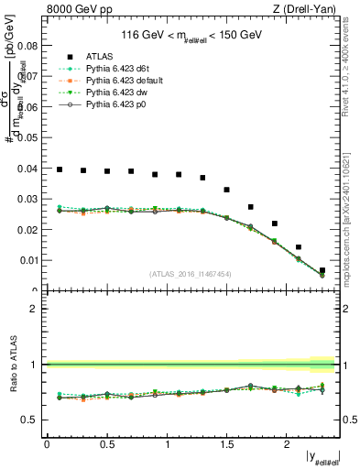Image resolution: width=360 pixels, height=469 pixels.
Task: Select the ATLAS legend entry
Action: coord(95,56)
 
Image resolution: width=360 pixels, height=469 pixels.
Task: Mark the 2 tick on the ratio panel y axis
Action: coord(38,309)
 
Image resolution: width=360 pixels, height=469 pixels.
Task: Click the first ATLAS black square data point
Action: coord(60,169)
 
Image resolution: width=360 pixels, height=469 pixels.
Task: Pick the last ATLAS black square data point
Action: coord(322,270)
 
